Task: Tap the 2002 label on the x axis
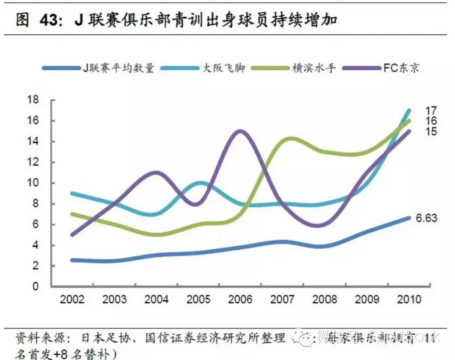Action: pos(72,299)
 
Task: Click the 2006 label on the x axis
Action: pos(240,299)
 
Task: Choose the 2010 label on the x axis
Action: pos(409,299)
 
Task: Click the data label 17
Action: pos(431,111)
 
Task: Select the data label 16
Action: pos(431,121)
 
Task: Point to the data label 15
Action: pos(431,132)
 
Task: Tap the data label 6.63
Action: pos(426,218)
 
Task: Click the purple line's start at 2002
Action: pos(72,234)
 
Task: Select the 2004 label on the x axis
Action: pos(156,299)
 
